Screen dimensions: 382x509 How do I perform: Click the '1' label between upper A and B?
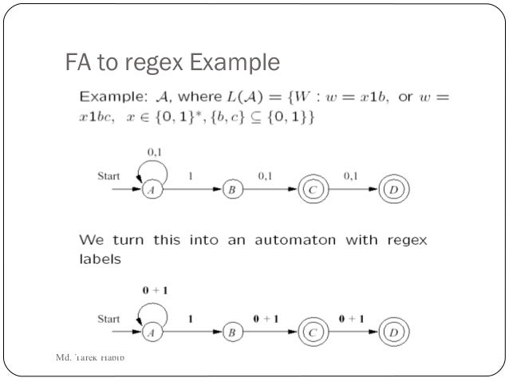[190, 175]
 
